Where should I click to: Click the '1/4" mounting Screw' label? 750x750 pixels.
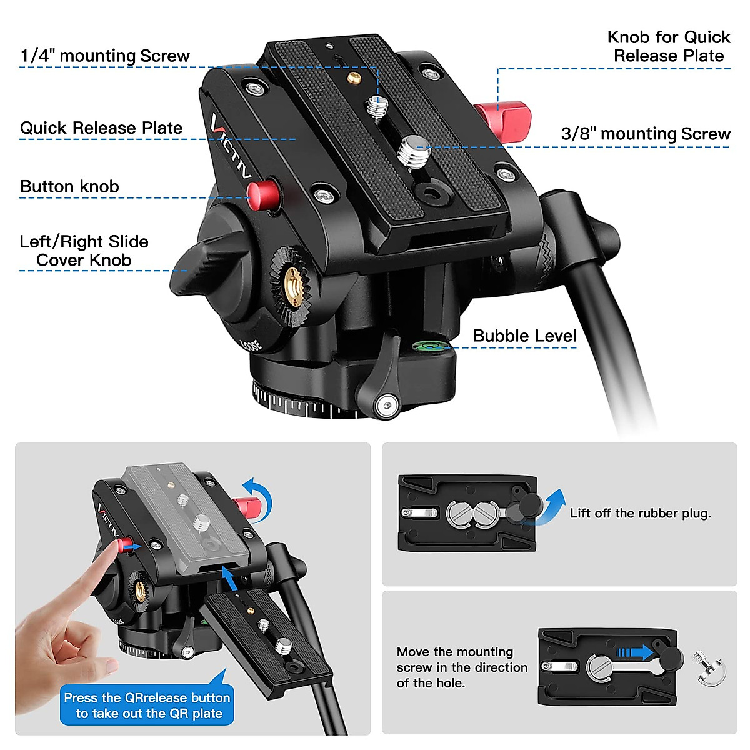tap(104, 56)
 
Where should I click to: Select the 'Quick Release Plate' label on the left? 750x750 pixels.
tap(101, 128)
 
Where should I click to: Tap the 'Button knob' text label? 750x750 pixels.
tap(69, 187)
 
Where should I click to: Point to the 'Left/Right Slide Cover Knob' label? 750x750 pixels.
tap(84, 251)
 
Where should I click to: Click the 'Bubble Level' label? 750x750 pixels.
tap(524, 336)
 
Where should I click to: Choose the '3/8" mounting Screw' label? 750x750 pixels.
tap(645, 134)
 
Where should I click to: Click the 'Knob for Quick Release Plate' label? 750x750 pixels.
tap(668, 46)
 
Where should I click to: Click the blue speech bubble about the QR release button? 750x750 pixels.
tap(147, 706)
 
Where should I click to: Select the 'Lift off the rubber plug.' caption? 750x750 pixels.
tap(640, 514)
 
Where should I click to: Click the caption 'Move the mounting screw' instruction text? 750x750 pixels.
tap(461, 667)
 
